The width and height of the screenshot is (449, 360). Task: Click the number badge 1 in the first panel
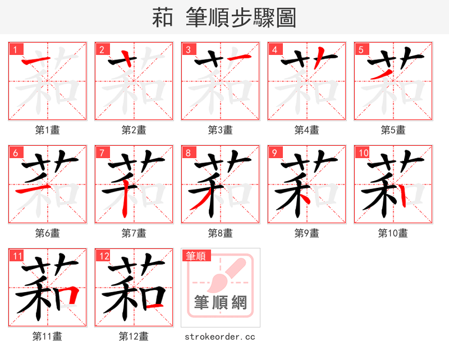pyautogui.click(x=15, y=49)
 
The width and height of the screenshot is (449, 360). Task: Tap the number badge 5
pyautogui.click(x=360, y=49)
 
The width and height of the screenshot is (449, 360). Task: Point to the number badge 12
pyautogui.click(x=103, y=256)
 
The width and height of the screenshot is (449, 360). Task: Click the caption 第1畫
pyautogui.click(x=47, y=130)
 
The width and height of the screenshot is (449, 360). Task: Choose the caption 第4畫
pyautogui.click(x=306, y=130)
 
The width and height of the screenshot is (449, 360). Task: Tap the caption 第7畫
pyautogui.click(x=134, y=233)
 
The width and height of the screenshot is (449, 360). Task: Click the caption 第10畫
pyautogui.click(x=393, y=233)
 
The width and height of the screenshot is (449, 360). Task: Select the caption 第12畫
pyautogui.click(x=134, y=336)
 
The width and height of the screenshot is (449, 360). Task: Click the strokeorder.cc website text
pyautogui.click(x=220, y=336)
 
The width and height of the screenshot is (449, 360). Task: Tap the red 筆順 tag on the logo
pyautogui.click(x=196, y=256)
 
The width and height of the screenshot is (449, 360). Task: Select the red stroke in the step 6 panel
pyautogui.click(x=35, y=191)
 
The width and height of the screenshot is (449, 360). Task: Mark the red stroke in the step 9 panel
pyautogui.click(x=303, y=196)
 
